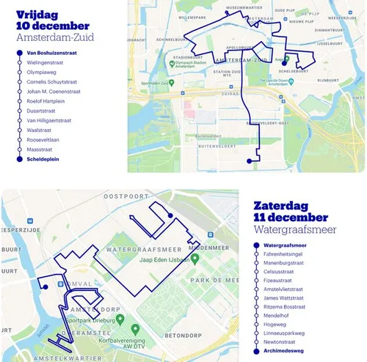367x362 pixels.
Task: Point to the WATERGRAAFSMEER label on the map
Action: pyautogui.click(x=142, y=248)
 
